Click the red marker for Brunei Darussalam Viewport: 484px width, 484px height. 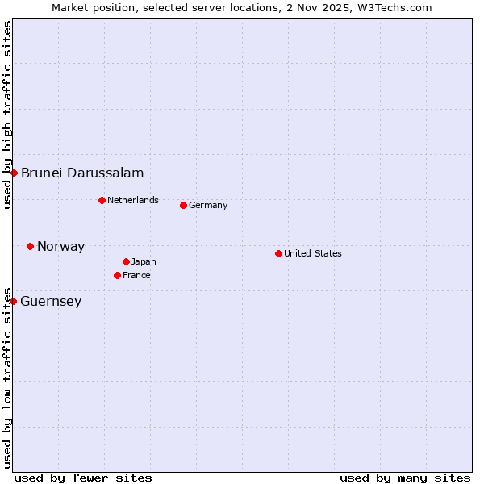[x=14, y=173]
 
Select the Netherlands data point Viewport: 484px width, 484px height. [x=102, y=200]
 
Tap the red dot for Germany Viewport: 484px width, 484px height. [x=183, y=205]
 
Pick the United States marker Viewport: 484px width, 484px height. [x=278, y=253]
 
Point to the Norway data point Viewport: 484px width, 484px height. [x=30, y=246]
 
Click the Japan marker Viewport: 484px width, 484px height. [x=126, y=261]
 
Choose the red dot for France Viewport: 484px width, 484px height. [x=117, y=275]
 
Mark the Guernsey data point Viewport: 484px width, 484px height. [x=13, y=301]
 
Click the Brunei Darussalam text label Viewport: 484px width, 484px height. [x=82, y=173]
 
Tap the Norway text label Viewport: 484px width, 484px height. [x=60, y=247]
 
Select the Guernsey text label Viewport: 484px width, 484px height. [x=51, y=302]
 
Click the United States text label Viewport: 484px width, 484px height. [x=313, y=253]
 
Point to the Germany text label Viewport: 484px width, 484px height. [x=208, y=206]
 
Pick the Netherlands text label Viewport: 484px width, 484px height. [x=133, y=200]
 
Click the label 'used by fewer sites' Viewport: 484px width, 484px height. [x=83, y=478]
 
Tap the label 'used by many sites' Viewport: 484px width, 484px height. [x=405, y=478]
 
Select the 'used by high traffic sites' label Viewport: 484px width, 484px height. [x=7, y=115]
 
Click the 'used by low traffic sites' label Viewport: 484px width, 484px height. [x=7, y=377]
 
